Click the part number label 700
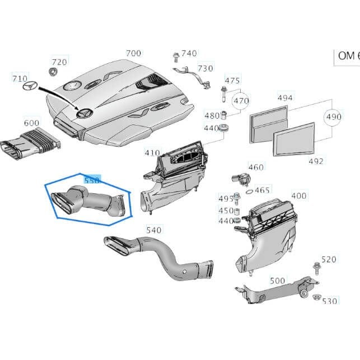pyautogui.click(x=134, y=53)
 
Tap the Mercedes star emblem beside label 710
pyautogui.click(x=30, y=87)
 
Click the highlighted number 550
pyautogui.click(x=91, y=180)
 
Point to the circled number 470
pyautogui.click(x=241, y=101)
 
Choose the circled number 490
pyautogui.click(x=334, y=118)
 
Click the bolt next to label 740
pyautogui.click(x=175, y=55)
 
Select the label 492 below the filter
pyautogui.click(x=316, y=161)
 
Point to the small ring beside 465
pyautogui.click(x=249, y=190)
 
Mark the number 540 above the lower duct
pyautogui.click(x=153, y=230)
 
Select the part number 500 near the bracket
pyautogui.click(x=277, y=280)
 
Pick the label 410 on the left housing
pyautogui.click(x=152, y=152)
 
